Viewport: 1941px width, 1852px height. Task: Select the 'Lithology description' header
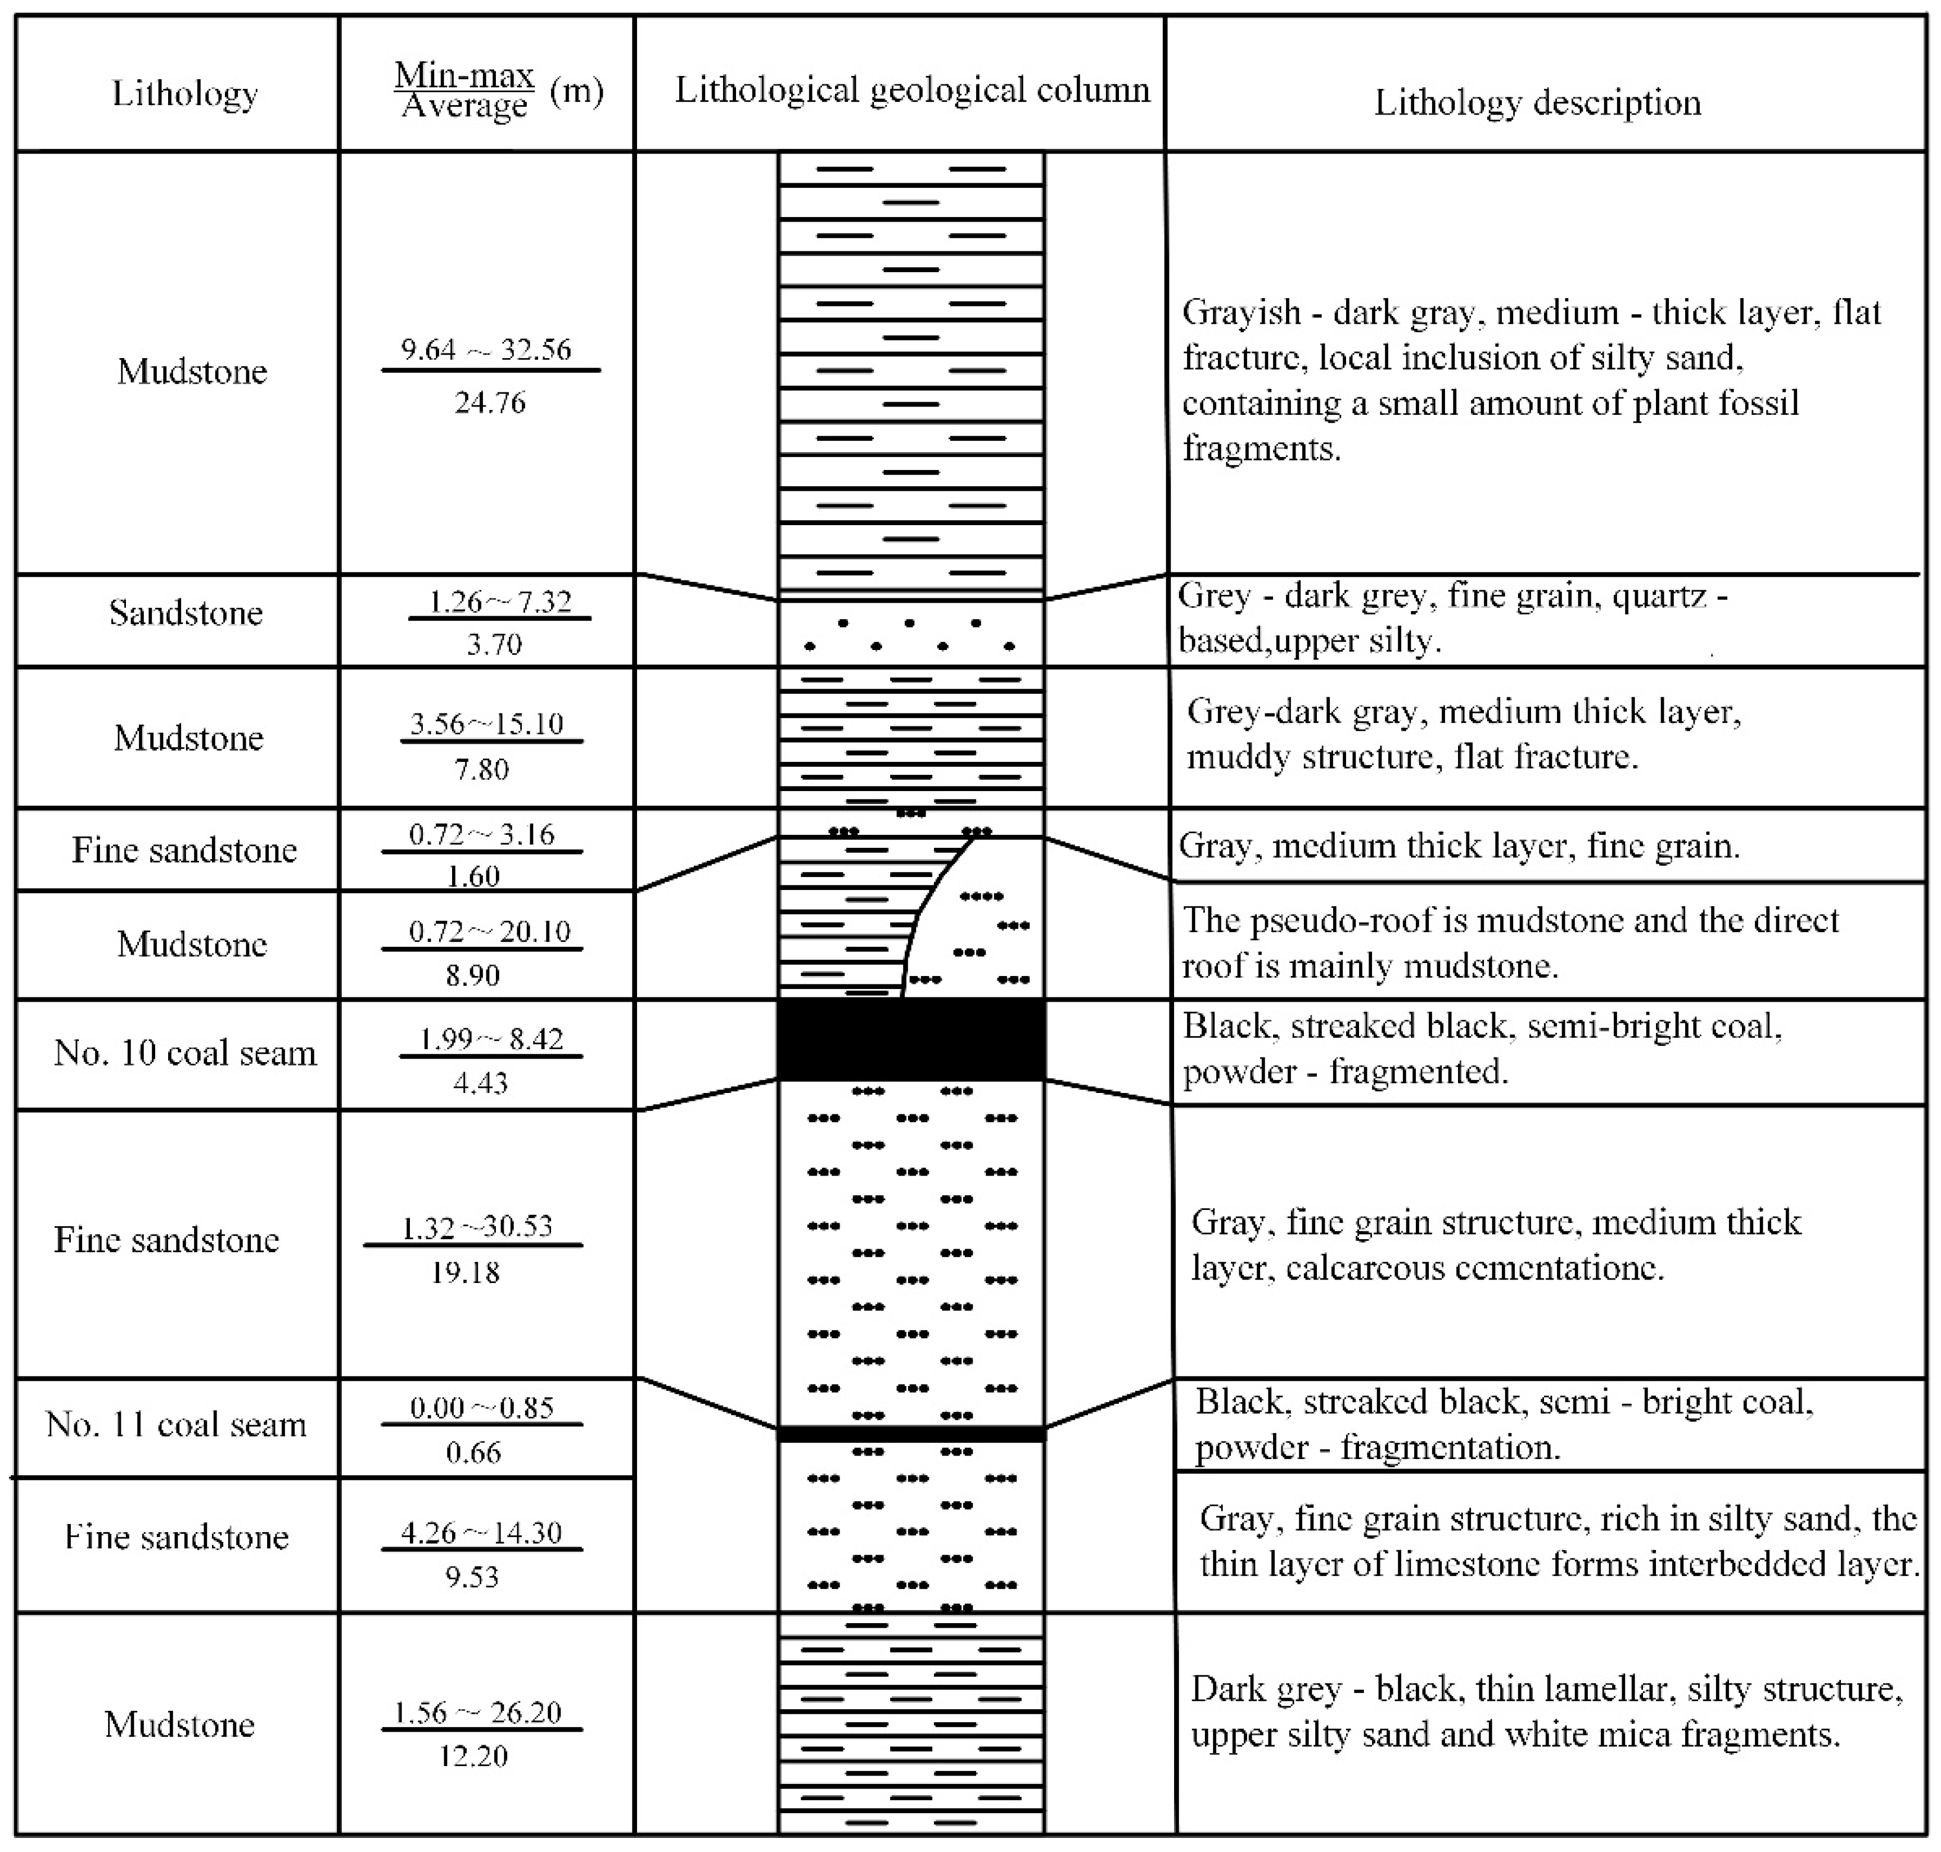coord(1537,103)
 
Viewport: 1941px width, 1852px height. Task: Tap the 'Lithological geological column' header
coord(912,90)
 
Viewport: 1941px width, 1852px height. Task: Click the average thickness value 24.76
coord(490,403)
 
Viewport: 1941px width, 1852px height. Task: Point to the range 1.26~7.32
coord(499,601)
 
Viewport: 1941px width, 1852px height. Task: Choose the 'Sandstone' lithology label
coord(186,613)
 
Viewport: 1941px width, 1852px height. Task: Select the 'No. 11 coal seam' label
coord(176,1425)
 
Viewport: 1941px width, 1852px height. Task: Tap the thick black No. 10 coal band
coord(910,1040)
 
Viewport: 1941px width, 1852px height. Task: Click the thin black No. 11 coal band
coord(910,1434)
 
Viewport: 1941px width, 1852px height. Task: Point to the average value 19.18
coord(465,1272)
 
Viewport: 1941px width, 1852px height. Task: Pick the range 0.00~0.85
coord(482,1408)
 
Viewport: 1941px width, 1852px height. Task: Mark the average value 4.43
coord(481,1083)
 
